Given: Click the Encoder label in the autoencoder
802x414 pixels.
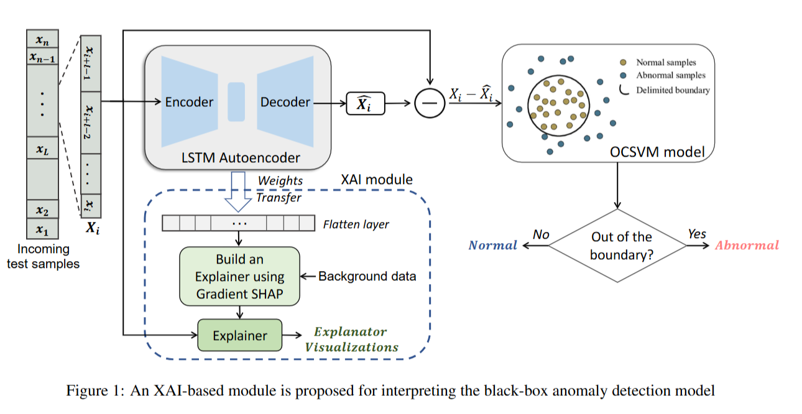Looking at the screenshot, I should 189,103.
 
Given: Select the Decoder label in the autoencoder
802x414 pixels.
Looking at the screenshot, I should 285,103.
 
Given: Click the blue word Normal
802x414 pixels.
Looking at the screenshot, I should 492,246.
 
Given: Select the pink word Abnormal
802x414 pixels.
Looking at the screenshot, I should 747,246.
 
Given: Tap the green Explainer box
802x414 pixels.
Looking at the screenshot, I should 240,336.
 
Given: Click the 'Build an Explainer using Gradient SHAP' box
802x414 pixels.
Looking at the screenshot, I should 240,277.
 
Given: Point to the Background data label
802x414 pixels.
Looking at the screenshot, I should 367,276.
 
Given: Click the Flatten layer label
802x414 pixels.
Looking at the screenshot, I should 356,224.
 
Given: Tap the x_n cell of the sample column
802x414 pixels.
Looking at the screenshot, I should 42,40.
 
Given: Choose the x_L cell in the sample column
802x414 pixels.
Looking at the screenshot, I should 42,149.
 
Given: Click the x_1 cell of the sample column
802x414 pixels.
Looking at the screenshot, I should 42,230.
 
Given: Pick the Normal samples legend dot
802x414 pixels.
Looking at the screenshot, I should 623,63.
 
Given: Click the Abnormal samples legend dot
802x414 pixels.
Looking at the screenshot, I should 623,76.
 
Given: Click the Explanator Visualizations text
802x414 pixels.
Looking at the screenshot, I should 351,339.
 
